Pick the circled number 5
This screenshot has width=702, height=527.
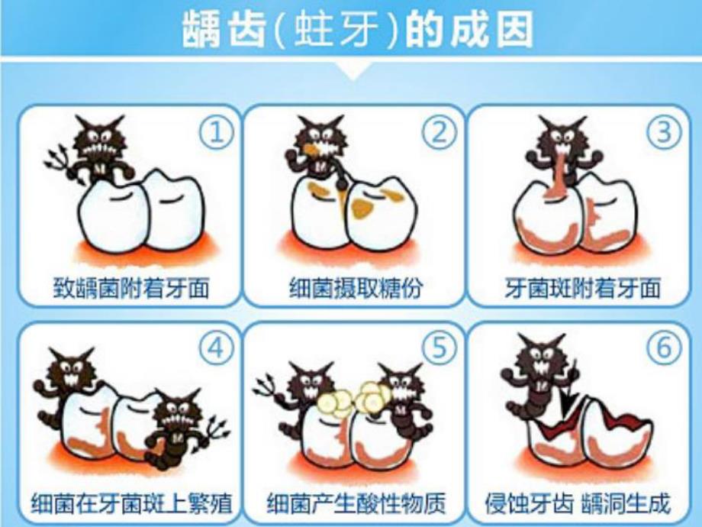[x=440, y=349]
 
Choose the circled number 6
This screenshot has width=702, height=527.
[x=664, y=349]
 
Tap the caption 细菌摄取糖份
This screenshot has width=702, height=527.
[x=356, y=289]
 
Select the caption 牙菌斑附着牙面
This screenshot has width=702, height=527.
[x=582, y=289]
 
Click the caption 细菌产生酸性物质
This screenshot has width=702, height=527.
[x=356, y=505]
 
